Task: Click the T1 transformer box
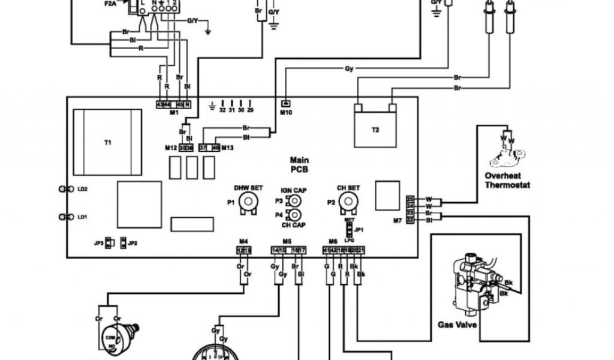[108, 142]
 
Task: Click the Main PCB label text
[299, 164]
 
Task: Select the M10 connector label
[285, 112]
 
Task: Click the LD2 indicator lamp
[63, 189]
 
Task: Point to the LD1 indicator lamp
[63, 217]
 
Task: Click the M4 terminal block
[243, 250]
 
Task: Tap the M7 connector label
[397, 221]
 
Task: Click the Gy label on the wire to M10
[348, 68]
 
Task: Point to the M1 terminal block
[173, 105]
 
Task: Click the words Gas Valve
[458, 325]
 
